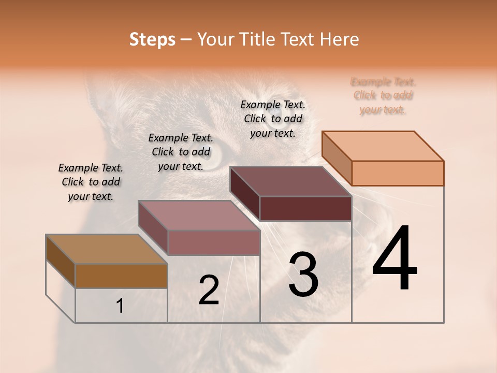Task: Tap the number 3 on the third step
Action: click(x=303, y=275)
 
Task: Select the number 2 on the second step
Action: click(x=209, y=291)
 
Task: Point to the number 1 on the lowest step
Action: click(x=120, y=306)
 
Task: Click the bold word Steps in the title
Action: click(x=152, y=39)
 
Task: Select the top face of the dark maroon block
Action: click(x=291, y=181)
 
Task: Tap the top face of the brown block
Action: click(x=107, y=249)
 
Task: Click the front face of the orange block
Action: click(x=398, y=173)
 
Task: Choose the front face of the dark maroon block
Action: click(x=305, y=208)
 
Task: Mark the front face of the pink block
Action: click(x=214, y=242)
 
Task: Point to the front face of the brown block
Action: click(x=121, y=276)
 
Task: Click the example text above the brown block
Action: click(x=91, y=182)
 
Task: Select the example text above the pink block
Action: click(x=181, y=152)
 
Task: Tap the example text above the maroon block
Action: click(x=273, y=119)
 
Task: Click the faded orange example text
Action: click(x=383, y=95)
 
